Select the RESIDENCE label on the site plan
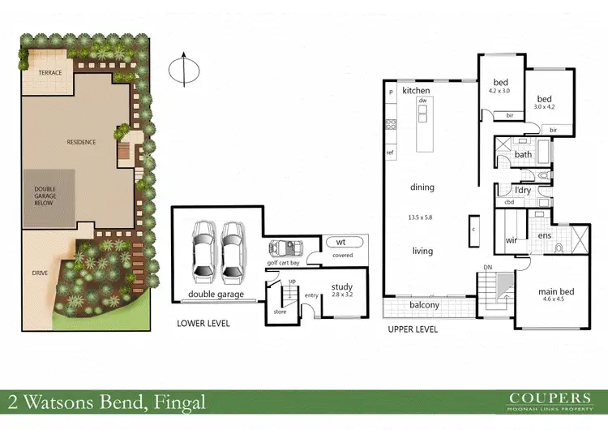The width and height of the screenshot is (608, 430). pyautogui.click(x=81, y=142)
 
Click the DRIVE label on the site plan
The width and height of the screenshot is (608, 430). pyautogui.click(x=39, y=273)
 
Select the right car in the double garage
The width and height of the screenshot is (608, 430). pyautogui.click(x=233, y=249)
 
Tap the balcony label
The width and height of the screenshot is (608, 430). pyautogui.click(x=424, y=305)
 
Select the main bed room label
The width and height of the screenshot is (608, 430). pyautogui.click(x=556, y=291)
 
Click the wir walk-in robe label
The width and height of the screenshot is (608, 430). pyautogui.click(x=511, y=240)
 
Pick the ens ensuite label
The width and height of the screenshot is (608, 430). pyautogui.click(x=545, y=235)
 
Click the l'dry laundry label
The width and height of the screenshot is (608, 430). pyautogui.click(x=523, y=191)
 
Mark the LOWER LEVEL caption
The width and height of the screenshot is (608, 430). pyautogui.click(x=203, y=324)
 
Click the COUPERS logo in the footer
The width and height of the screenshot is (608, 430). pyautogui.click(x=549, y=398)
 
